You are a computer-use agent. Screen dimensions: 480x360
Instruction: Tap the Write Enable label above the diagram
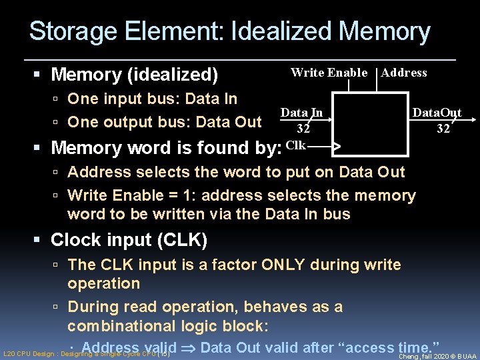329,73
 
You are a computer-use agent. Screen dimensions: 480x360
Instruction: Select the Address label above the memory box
404,73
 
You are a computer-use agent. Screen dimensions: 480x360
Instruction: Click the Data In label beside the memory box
301,113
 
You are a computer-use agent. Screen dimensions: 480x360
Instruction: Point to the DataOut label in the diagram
437,113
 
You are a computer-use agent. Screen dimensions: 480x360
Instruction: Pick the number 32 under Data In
303,129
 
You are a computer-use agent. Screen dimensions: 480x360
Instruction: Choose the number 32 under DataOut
443,129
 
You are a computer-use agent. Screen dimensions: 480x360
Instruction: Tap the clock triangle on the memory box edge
337,145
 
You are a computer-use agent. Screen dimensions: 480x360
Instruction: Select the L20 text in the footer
9,355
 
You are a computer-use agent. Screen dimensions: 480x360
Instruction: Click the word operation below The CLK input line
103,283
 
